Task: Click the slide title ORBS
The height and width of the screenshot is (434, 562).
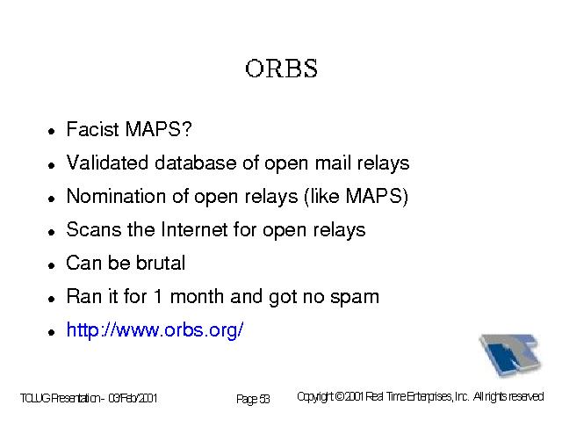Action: point(281,69)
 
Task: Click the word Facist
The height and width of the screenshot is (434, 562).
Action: point(92,129)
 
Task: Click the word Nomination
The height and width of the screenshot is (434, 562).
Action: point(117,196)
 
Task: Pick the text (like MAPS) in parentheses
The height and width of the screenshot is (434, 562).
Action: point(356,197)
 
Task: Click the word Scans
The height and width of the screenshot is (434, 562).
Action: point(94,229)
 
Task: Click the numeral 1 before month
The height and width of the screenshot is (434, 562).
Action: point(157,297)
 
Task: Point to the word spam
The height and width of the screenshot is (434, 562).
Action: point(355,298)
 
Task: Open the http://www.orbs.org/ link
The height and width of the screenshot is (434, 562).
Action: point(155,330)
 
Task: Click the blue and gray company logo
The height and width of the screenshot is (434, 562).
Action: point(510,355)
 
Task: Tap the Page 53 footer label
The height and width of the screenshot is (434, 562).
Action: point(253,399)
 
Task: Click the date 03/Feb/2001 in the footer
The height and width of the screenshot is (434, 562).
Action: point(133,399)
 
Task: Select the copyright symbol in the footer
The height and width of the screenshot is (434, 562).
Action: point(340,397)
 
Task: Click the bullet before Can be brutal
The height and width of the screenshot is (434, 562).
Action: point(52,266)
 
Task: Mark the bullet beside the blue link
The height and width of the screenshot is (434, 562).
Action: point(52,332)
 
